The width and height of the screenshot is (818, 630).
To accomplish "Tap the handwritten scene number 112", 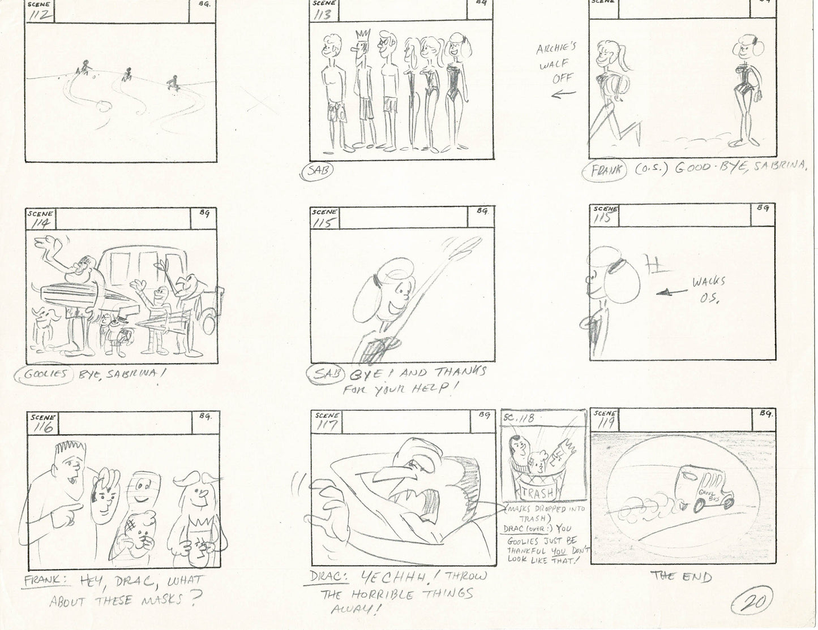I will click(x=41, y=14).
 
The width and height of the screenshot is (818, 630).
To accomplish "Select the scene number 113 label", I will click(x=323, y=14).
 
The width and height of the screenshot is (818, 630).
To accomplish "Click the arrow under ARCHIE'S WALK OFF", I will click(x=564, y=94).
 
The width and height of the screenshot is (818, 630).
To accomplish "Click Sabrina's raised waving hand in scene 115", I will click(x=460, y=246).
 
